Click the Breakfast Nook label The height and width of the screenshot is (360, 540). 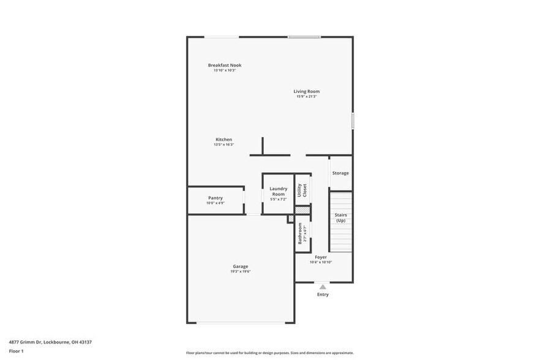(x=225, y=65)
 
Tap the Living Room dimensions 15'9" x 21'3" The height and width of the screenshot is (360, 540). (x=306, y=97)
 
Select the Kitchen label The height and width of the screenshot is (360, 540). (x=223, y=140)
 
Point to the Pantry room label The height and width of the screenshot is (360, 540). (x=216, y=198)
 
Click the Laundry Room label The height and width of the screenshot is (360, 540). (x=279, y=192)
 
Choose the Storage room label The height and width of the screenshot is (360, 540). (x=340, y=173)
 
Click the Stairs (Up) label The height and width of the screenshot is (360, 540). (x=340, y=217)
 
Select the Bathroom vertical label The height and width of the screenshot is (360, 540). (x=300, y=233)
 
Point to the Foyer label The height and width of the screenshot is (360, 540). (x=321, y=257)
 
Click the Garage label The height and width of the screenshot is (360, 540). (x=240, y=266)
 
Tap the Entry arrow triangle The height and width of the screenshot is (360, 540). (x=323, y=286)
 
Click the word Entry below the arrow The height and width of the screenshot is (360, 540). (x=323, y=294)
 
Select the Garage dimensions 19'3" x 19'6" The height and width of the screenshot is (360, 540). (x=240, y=271)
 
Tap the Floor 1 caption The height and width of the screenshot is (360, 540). (x=17, y=351)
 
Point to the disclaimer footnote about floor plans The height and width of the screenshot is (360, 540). (x=269, y=353)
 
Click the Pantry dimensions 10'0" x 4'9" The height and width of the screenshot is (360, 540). (x=216, y=203)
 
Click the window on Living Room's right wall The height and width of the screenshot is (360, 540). (x=353, y=120)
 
